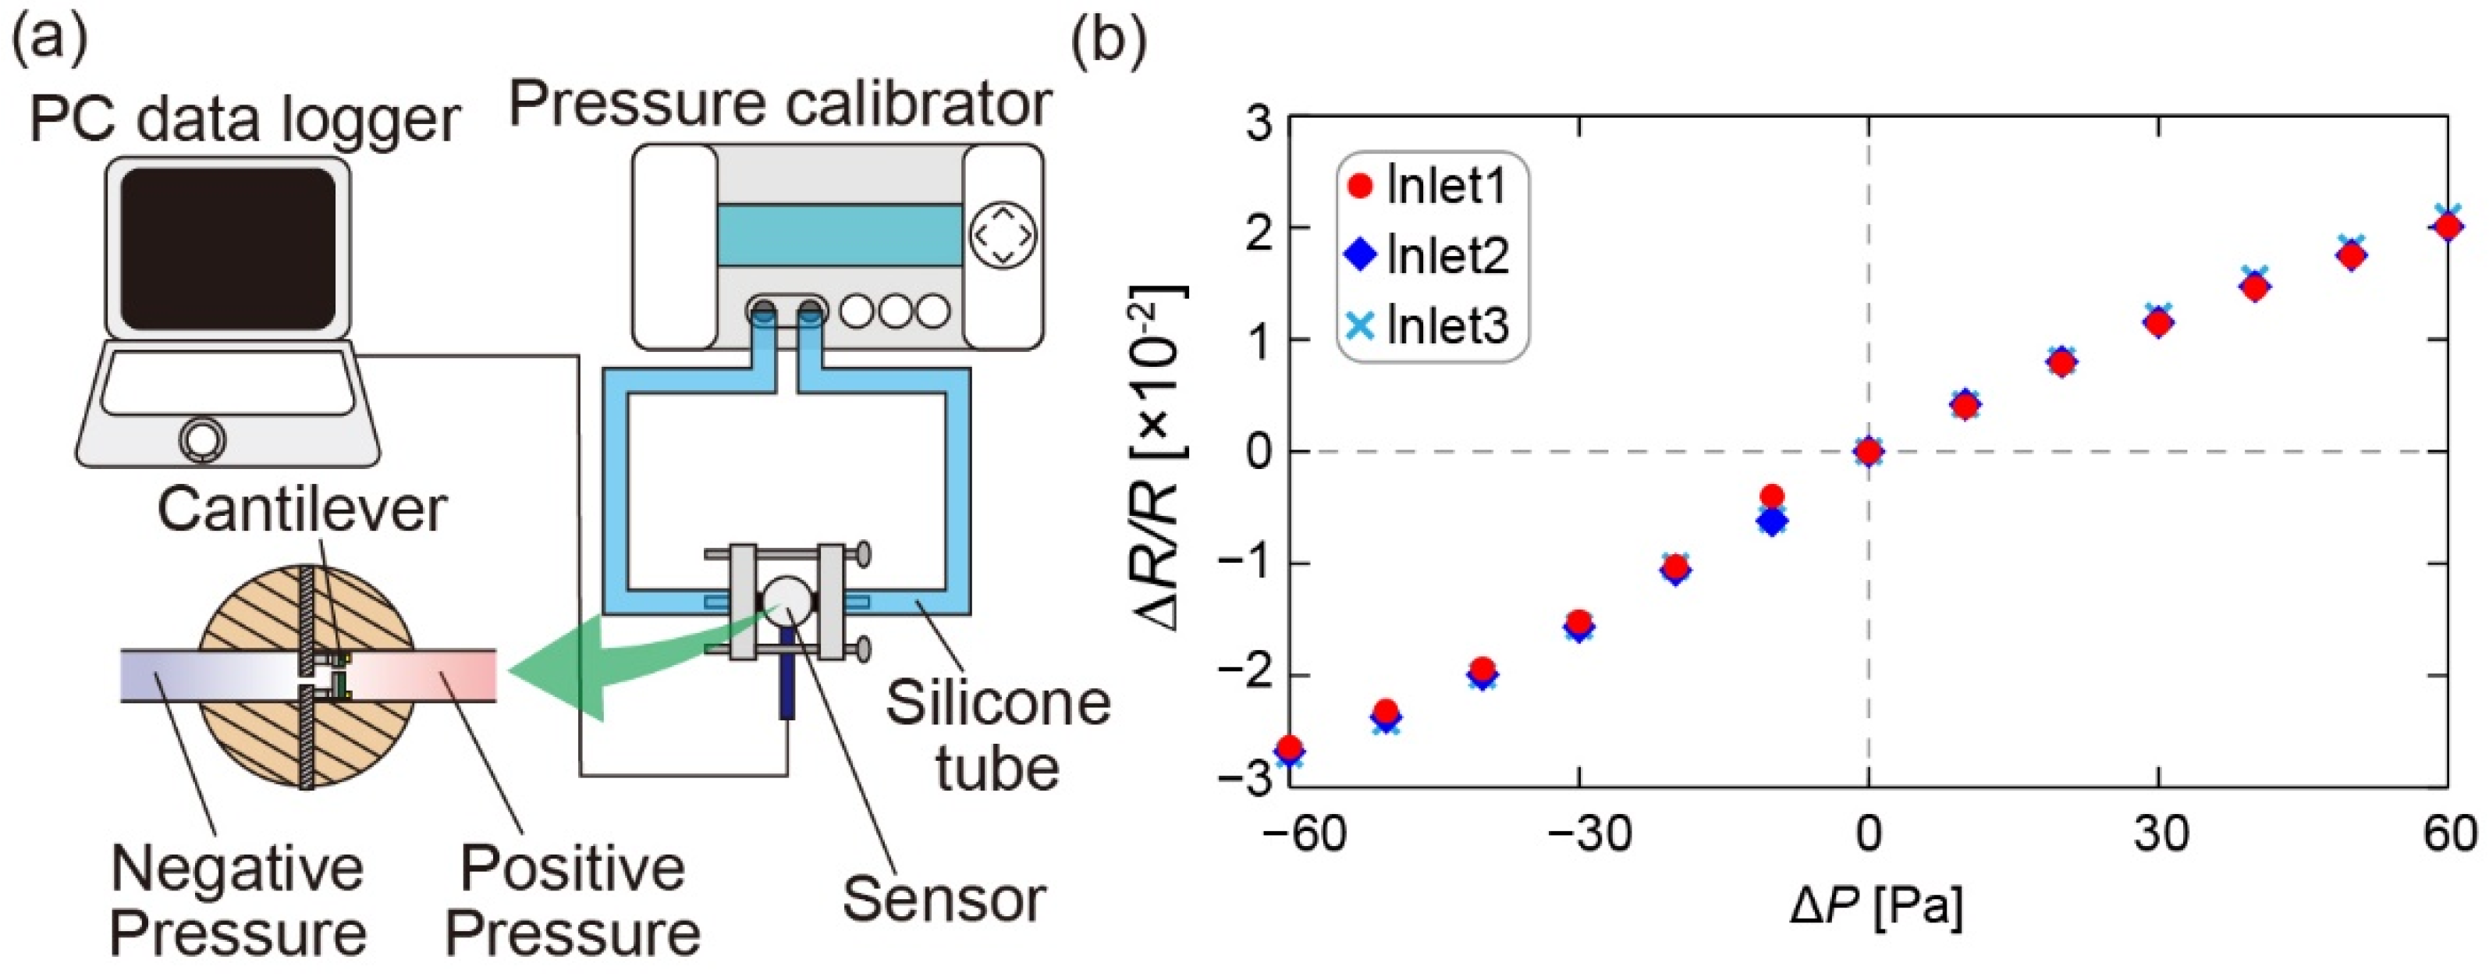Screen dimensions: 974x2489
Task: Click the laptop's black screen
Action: click(228, 249)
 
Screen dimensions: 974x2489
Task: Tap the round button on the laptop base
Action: click(202, 439)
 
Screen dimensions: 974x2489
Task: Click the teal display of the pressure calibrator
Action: click(839, 235)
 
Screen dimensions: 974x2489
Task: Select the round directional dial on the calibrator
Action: click(1003, 235)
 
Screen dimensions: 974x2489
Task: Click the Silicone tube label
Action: click(997, 734)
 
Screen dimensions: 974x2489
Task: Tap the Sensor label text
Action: click(944, 900)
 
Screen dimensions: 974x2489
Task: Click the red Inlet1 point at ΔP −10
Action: click(1771, 496)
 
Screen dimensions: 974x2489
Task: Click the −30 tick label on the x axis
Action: click(1578, 833)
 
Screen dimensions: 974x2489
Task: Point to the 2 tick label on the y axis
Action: click(1257, 228)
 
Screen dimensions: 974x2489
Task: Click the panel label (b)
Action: click(1110, 41)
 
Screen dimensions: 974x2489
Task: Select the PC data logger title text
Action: click(243, 120)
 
